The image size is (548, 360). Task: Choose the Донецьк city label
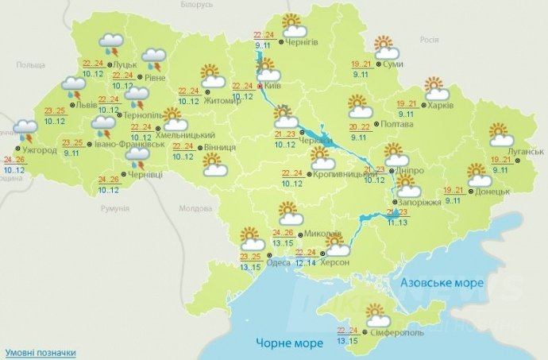click(x=492, y=192)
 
